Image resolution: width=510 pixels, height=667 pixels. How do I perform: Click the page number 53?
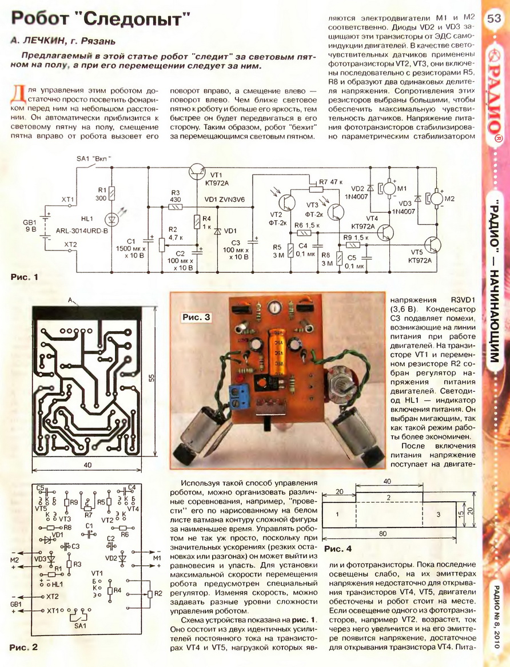tap(494, 18)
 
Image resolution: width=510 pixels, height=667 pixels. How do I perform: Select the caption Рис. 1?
tap(24, 277)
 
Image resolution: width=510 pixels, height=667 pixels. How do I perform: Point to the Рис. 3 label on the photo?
tap(196, 317)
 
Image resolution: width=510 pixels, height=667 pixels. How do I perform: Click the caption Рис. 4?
tap(338, 549)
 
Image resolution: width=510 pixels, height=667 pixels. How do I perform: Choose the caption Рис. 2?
tap(24, 648)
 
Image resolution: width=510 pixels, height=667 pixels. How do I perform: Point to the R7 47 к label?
tap(328, 182)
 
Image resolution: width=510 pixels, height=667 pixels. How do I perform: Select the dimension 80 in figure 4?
tap(382, 534)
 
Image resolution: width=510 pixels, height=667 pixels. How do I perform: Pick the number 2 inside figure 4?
tap(388, 497)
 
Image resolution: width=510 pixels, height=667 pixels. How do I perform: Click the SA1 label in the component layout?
tap(79, 626)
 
